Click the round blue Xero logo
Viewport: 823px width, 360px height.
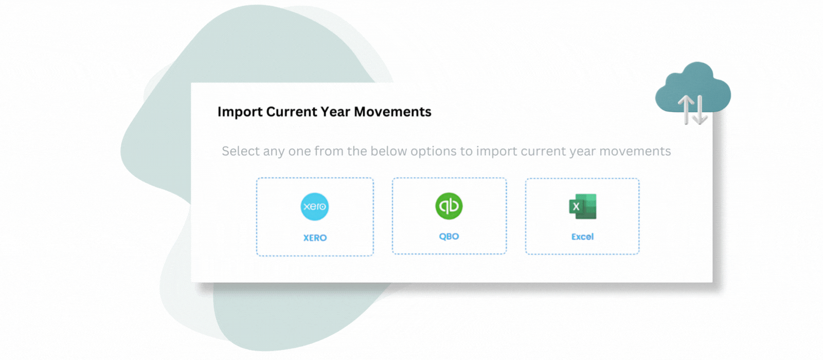(314, 206)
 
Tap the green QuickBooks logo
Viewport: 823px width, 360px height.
(449, 206)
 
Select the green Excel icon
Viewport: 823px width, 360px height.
(583, 206)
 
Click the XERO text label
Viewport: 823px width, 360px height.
(315, 238)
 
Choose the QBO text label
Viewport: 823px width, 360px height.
(449, 236)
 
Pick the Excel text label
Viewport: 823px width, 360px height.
(582, 237)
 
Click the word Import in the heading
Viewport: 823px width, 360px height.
(240, 112)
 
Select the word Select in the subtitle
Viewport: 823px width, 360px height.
(240, 151)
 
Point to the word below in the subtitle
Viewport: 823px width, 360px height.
(388, 151)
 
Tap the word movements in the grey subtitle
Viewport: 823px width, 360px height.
(635, 151)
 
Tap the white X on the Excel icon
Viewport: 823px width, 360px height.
(576, 207)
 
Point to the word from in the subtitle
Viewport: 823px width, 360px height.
(329, 151)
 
